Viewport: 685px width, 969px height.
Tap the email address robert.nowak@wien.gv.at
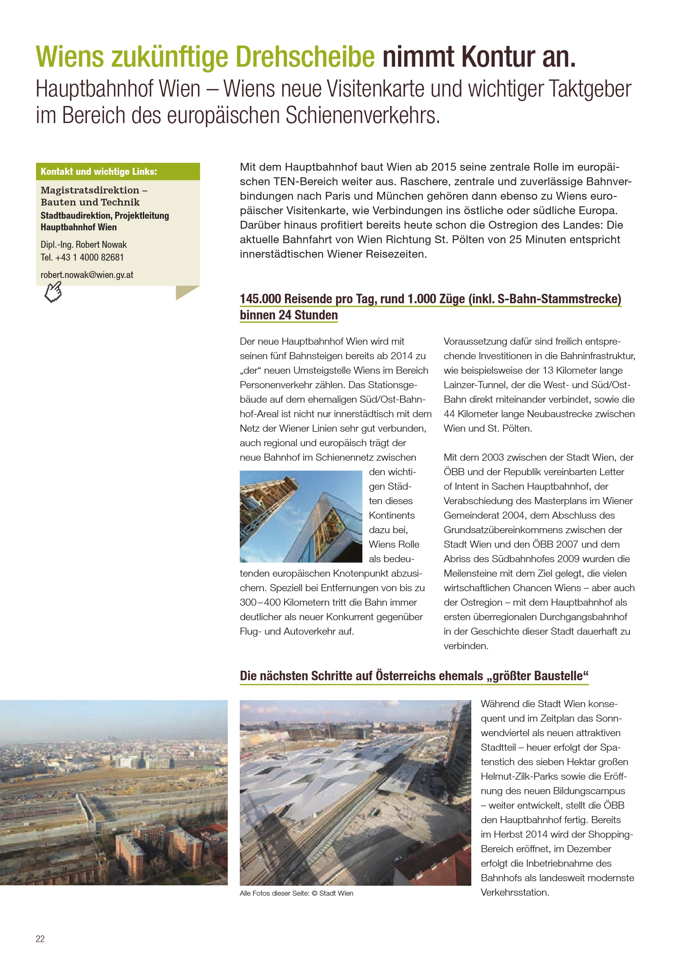[87, 275]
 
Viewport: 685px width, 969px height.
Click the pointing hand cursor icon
[53, 292]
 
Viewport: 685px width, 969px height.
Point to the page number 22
[40, 939]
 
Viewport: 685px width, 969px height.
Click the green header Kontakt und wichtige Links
[99, 172]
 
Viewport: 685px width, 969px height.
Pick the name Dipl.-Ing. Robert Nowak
[84, 245]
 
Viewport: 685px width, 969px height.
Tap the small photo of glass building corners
[301, 516]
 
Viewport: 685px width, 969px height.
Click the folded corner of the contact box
[186, 292]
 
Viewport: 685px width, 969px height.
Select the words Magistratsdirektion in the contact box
[90, 190]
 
